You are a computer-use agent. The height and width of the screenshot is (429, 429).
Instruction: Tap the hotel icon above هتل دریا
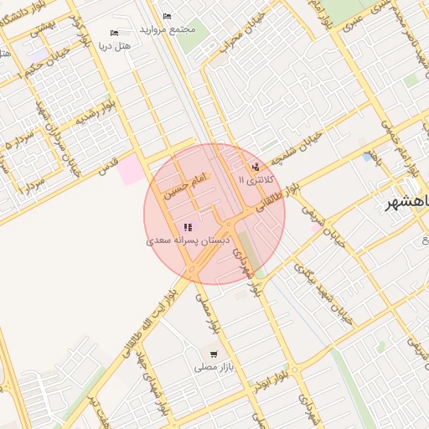(x=115, y=34)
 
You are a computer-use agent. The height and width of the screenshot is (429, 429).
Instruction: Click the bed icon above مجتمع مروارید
(x=167, y=17)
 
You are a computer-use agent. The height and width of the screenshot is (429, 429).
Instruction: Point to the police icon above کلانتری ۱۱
(x=255, y=166)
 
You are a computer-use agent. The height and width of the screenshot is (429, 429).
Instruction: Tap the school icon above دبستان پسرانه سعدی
(x=188, y=227)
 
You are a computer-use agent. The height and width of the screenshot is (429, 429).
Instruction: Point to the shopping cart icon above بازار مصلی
(x=214, y=354)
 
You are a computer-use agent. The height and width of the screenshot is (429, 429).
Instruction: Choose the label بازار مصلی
(x=210, y=367)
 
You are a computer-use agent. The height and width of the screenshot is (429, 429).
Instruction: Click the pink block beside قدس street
(x=129, y=171)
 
